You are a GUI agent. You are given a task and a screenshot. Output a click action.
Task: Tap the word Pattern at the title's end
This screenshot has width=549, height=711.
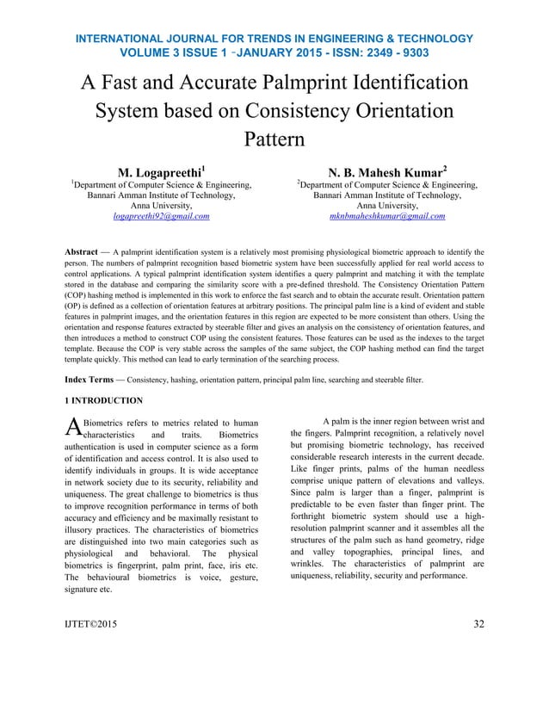point(274,140)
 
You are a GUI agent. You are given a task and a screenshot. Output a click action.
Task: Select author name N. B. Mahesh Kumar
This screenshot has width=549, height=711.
point(384,170)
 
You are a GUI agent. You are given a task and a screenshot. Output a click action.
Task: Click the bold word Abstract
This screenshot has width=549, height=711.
point(81,252)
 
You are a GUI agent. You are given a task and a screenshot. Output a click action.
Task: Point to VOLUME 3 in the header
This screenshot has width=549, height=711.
point(146,53)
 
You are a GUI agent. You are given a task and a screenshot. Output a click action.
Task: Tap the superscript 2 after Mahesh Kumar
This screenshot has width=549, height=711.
point(445,165)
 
